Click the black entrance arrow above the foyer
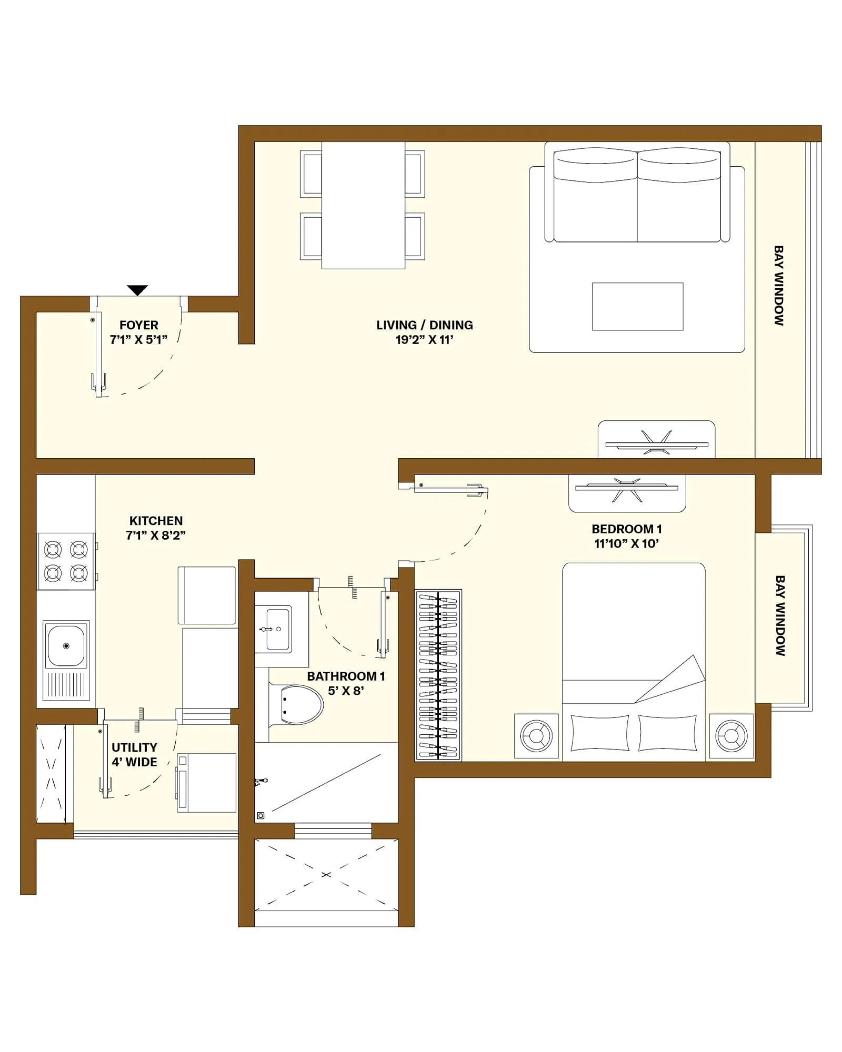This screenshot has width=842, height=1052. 137,290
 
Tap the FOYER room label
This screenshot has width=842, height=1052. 138,325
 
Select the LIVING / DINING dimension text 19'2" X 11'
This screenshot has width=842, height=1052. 424,340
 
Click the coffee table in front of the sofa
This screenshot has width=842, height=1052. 637,307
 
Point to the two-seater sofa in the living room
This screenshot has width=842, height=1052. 637,197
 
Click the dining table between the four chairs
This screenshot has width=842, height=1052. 363,205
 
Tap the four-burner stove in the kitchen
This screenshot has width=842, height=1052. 66,561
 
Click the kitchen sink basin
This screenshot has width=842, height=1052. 66,645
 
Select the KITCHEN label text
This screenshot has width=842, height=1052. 156,521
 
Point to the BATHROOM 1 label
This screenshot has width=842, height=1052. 346,676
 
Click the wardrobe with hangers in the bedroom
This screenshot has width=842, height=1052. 438,675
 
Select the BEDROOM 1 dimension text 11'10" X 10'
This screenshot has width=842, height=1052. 626,544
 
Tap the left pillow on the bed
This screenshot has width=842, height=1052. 599,733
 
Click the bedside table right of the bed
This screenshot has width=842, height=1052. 731,735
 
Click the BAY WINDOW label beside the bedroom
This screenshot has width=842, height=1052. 780,615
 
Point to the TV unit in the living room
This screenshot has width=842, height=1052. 656,441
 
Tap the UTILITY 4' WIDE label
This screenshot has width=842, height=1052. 134,755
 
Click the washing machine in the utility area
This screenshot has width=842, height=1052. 206,783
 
